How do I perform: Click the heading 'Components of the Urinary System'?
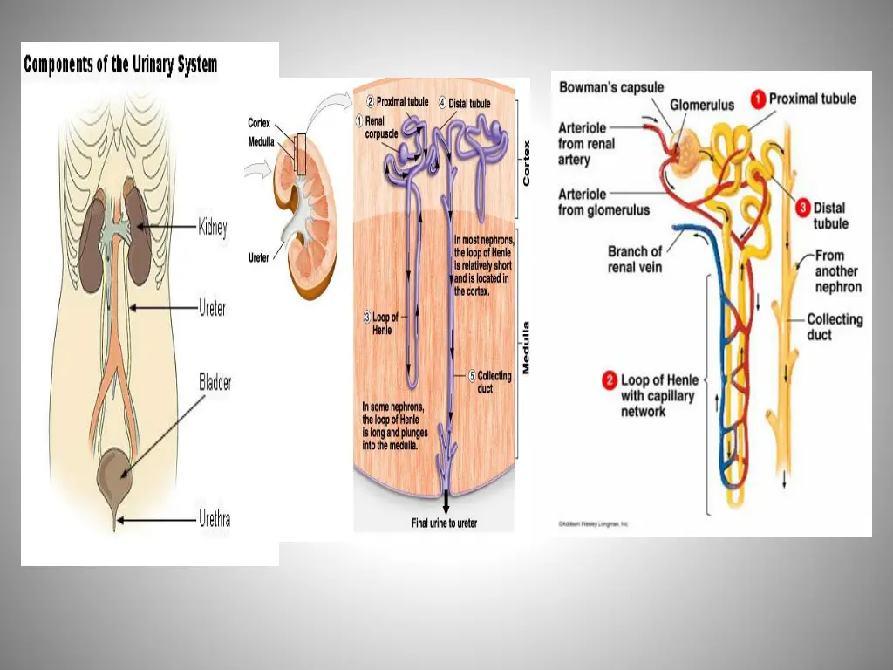[120, 65]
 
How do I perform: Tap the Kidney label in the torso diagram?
[213, 229]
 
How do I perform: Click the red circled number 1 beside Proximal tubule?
[759, 99]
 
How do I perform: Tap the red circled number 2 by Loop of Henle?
[610, 380]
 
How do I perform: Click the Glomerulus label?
[702, 105]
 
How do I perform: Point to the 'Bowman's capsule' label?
[611, 87]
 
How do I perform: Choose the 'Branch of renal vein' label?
[635, 259]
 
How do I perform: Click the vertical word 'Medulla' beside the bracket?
[526, 348]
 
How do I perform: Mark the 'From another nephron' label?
[838, 271]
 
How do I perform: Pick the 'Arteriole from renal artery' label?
[586, 144]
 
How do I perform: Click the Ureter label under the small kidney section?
[259, 257]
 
